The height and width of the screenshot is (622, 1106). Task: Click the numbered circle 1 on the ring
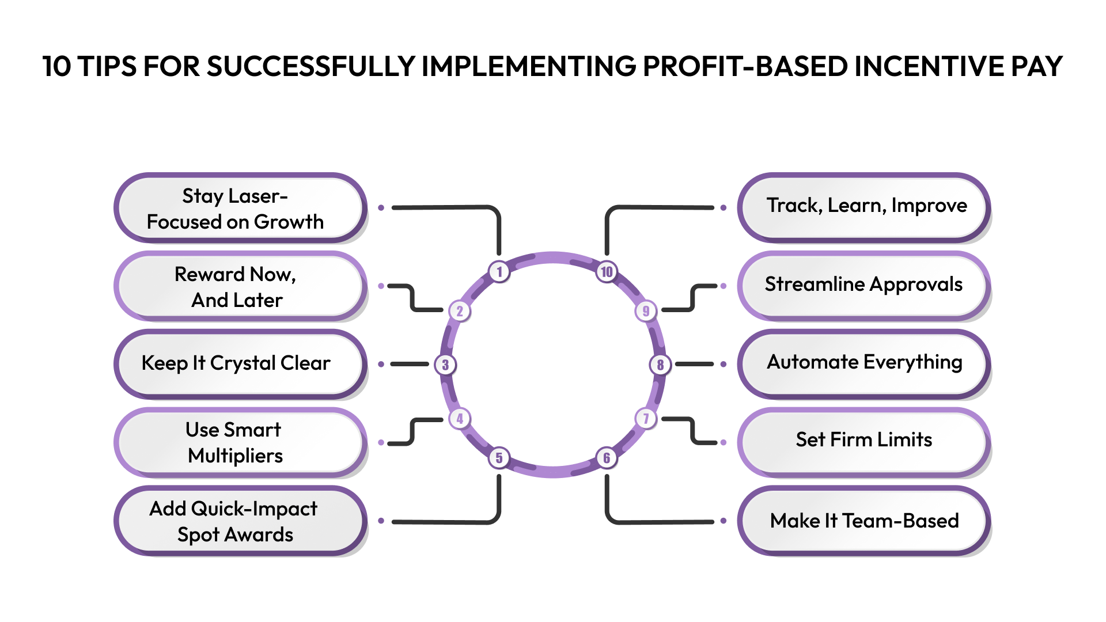click(x=499, y=271)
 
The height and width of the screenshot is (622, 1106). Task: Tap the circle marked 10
click(x=607, y=271)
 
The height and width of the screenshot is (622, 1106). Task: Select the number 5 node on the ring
click(x=499, y=458)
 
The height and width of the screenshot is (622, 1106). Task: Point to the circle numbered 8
click(x=660, y=365)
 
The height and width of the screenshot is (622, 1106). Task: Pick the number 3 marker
click(x=445, y=365)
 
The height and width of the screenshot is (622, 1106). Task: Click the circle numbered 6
click(x=607, y=458)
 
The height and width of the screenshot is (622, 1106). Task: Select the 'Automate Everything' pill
click(x=864, y=363)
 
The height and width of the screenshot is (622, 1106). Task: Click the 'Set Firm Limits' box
click(x=864, y=441)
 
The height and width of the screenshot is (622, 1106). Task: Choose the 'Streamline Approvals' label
click(x=864, y=285)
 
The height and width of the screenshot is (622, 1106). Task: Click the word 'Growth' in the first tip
click(x=289, y=222)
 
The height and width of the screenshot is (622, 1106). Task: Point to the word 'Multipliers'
click(x=235, y=456)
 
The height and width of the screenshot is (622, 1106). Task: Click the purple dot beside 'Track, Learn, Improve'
click(x=724, y=207)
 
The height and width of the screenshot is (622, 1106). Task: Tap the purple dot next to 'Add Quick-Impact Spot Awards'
click(x=381, y=521)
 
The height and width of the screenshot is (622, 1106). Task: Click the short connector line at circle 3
click(x=410, y=364)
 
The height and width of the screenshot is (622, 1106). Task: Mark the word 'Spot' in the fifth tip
click(x=198, y=535)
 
